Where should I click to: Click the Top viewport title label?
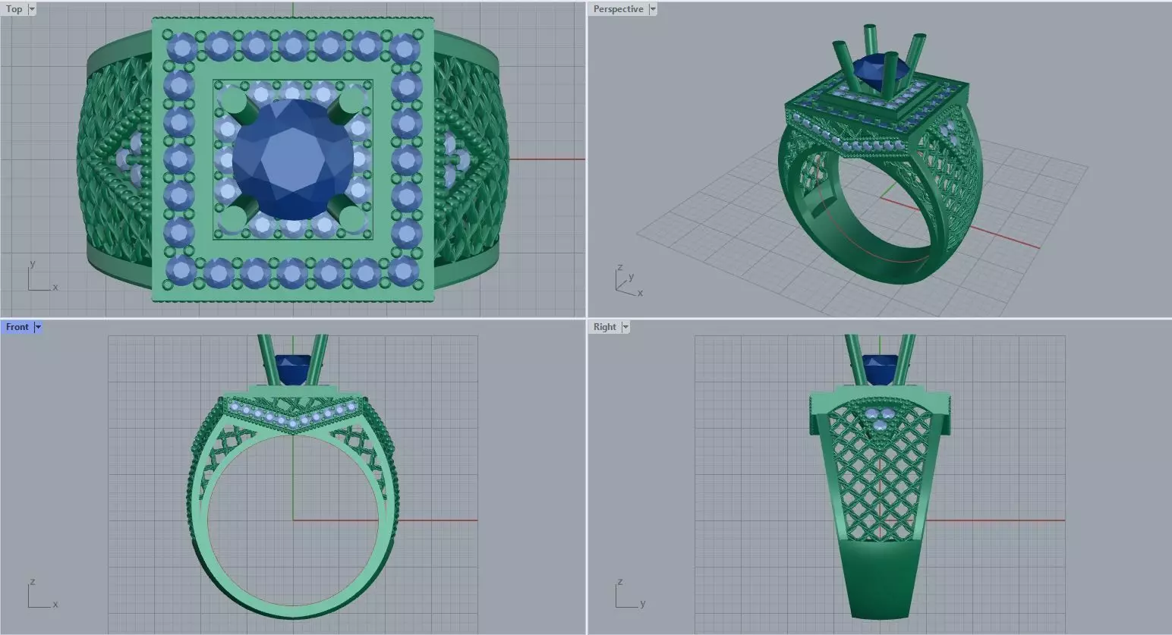tap(14, 9)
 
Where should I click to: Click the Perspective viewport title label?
tap(618, 9)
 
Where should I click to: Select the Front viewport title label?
tap(17, 327)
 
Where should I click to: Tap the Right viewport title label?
tap(604, 327)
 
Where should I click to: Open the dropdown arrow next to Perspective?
tap(653, 9)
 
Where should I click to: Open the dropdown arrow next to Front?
tap(38, 327)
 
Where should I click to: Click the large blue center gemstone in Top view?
tap(293, 159)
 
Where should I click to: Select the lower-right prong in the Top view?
tap(351, 218)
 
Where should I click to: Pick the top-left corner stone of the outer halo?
tap(181, 47)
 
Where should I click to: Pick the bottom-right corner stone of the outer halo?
tap(405, 271)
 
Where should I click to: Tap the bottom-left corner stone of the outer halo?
tap(181, 269)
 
